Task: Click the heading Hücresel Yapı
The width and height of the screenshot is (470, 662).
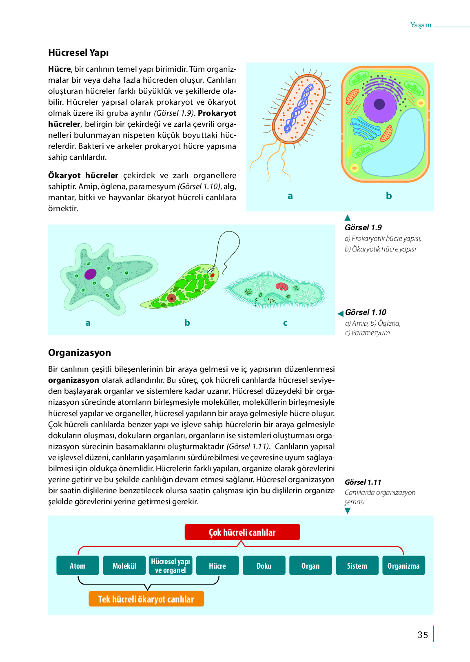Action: (78, 53)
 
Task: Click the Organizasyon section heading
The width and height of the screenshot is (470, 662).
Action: (80, 353)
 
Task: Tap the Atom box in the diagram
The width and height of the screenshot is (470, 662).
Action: (78, 565)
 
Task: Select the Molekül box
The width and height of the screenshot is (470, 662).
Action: (124, 565)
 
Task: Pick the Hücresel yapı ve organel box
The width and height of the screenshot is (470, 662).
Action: (171, 565)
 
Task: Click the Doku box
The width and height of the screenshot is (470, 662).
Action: (264, 565)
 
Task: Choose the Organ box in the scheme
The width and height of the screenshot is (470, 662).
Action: (310, 565)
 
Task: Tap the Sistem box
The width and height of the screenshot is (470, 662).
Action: (357, 565)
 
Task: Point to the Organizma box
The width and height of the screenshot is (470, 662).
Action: (403, 565)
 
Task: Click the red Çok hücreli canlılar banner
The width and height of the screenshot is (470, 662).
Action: (242, 532)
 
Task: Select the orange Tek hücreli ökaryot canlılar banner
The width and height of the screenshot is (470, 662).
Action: (146, 599)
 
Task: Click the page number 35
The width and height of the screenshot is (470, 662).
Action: (423, 635)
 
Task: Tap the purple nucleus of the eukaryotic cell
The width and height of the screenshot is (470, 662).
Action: (379, 104)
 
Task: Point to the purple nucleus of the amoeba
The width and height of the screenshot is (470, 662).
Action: (91, 274)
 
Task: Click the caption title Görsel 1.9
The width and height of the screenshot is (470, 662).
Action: (363, 227)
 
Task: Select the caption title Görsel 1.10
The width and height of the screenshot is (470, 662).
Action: (366, 312)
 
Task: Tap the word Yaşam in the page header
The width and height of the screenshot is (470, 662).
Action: (421, 25)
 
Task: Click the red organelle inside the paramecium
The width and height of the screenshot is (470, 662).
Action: (282, 287)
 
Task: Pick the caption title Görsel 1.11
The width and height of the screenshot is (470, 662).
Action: (363, 482)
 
